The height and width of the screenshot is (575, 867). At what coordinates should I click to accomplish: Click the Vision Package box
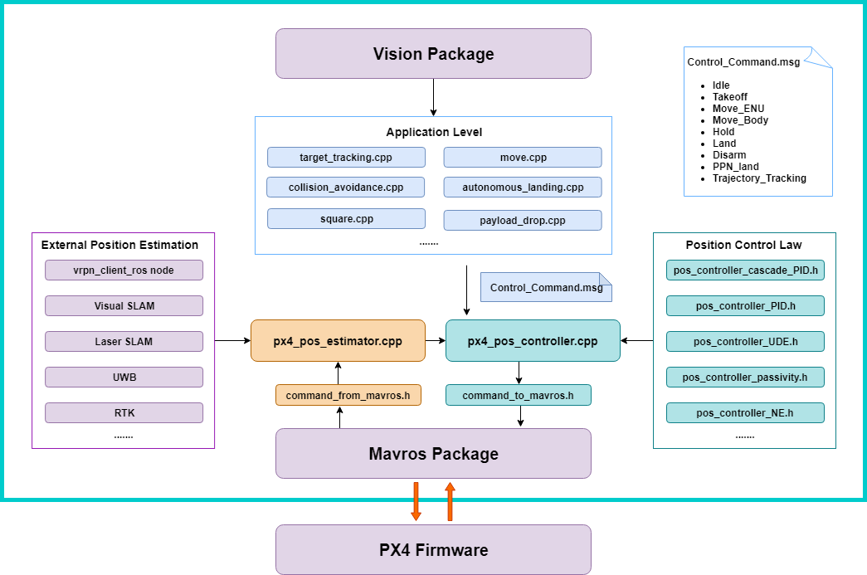pyautogui.click(x=433, y=54)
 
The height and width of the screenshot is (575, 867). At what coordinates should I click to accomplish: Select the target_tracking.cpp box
pyautogui.click(x=346, y=158)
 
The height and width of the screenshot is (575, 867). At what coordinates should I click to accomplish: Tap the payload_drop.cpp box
pyautogui.click(x=522, y=220)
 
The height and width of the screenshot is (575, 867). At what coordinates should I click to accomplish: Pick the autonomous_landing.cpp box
pyautogui.click(x=522, y=188)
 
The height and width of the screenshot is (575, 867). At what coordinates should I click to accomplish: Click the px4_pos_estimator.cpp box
pyautogui.click(x=338, y=341)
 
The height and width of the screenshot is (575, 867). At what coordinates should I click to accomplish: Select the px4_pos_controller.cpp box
pyautogui.click(x=533, y=341)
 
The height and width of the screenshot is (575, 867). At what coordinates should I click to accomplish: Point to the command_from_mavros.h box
pyautogui.click(x=348, y=396)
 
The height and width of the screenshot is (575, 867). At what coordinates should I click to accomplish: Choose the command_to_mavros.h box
pyautogui.click(x=518, y=396)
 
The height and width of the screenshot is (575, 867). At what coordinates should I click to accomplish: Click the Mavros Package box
pyautogui.click(x=433, y=454)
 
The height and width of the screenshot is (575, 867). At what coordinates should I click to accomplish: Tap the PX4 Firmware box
pyautogui.click(x=433, y=549)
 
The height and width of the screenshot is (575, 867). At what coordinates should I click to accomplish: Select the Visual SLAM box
pyautogui.click(x=124, y=306)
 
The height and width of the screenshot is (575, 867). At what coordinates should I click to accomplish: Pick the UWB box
pyautogui.click(x=124, y=378)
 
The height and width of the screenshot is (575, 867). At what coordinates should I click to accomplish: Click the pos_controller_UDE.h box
pyautogui.click(x=744, y=342)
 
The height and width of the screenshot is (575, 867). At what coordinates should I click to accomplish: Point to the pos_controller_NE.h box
pyautogui.click(x=744, y=413)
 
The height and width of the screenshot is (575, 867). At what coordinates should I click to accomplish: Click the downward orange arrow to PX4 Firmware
pyautogui.click(x=416, y=501)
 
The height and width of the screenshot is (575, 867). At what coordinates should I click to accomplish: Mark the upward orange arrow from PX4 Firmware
pyautogui.click(x=450, y=501)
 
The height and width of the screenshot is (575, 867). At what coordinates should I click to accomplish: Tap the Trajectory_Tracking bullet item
pyautogui.click(x=759, y=178)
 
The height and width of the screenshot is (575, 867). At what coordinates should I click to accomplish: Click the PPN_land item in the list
pyautogui.click(x=735, y=167)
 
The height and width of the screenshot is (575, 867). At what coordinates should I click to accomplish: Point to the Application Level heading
pyautogui.click(x=433, y=133)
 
